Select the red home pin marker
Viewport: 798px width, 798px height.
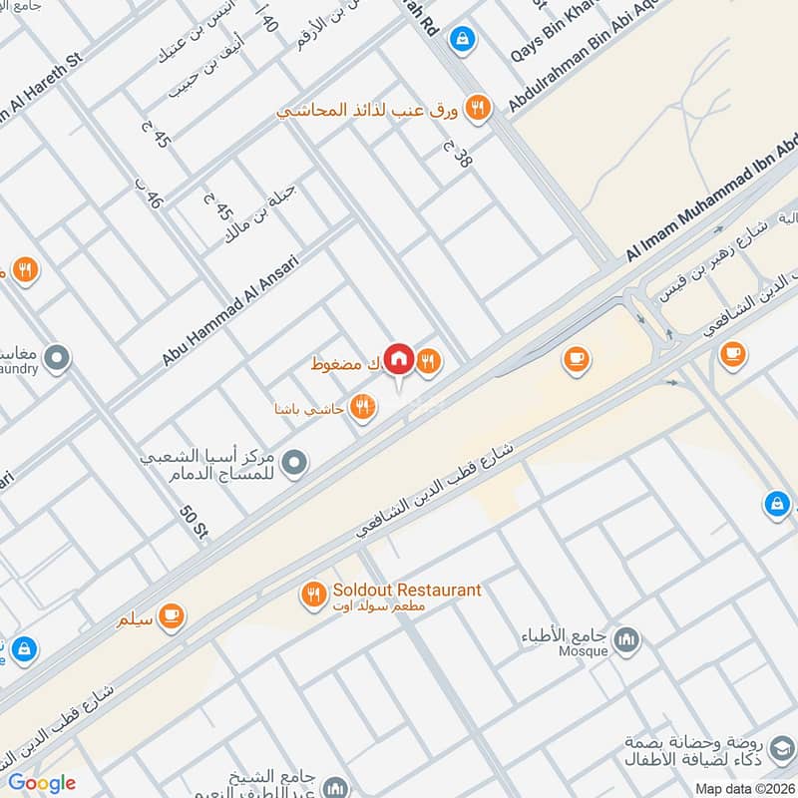click(399, 357)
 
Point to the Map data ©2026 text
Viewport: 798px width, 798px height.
click(746, 788)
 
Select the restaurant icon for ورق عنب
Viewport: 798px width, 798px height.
click(479, 109)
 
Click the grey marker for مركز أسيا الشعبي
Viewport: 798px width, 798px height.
click(294, 462)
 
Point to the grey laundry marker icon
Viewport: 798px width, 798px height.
click(58, 356)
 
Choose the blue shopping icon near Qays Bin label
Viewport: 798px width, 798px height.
click(461, 39)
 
